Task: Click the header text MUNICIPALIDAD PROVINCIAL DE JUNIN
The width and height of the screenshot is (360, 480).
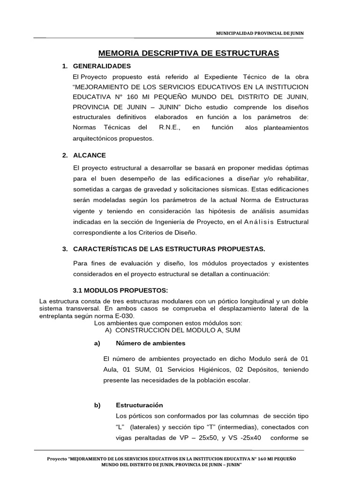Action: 259,33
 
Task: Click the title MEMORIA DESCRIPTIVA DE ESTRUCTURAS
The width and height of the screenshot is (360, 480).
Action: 188,53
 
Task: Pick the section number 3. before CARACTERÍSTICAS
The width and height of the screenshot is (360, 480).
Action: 65,248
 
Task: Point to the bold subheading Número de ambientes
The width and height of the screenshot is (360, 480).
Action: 150,343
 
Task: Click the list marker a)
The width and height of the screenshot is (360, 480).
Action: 97,343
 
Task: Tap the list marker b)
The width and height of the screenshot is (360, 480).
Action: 97,405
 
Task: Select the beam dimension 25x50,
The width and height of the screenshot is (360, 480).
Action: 217,437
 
